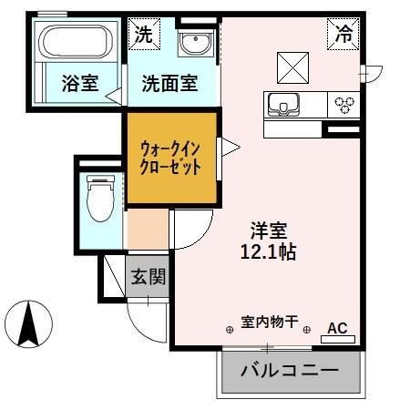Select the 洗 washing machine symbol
144,35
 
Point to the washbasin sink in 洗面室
194,42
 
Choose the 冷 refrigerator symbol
343,35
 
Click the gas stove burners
344,104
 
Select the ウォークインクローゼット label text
170,157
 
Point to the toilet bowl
98,196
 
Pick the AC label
337,328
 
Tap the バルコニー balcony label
290,372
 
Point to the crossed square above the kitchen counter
292,67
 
